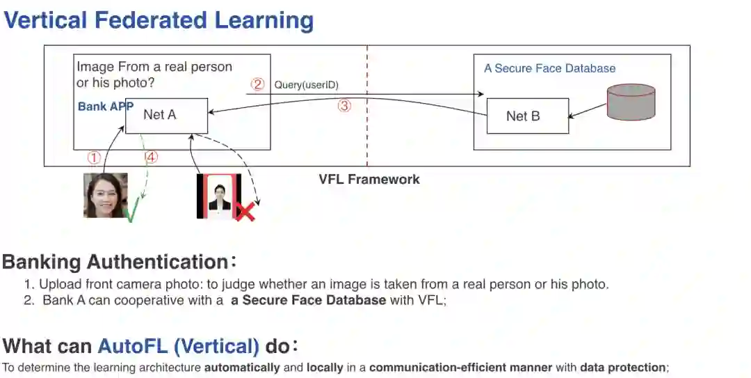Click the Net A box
166,116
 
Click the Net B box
527,116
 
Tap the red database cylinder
631,102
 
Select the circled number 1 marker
94,157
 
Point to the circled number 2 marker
258,84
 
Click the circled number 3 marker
344,107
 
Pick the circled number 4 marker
152,157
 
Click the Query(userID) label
306,85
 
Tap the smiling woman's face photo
106,195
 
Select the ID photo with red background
219,195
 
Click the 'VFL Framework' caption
369,180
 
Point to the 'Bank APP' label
105,107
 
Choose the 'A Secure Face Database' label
549,68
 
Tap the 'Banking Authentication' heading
115,262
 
